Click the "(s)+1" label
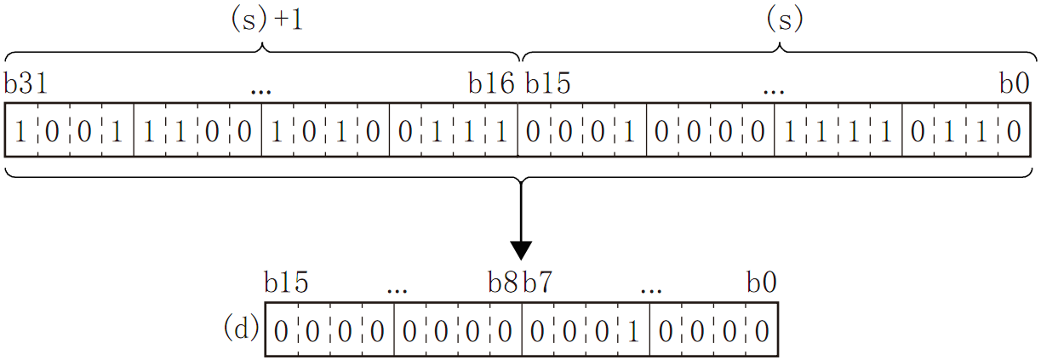[266, 20]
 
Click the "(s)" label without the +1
[784, 20]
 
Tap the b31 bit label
[25, 83]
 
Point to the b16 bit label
[491, 83]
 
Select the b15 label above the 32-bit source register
[547, 83]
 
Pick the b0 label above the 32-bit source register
[1015, 83]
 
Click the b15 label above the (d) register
[286, 283]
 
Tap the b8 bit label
[502, 283]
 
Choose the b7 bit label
[537, 283]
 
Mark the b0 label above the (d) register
[761, 283]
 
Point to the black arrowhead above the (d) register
[520, 249]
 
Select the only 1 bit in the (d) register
[632, 329]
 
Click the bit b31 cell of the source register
[21, 131]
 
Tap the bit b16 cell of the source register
[501, 131]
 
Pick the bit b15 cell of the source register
[534, 131]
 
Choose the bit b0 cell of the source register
[1013, 131]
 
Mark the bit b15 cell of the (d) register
[282, 329]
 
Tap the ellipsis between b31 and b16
[261, 88]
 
